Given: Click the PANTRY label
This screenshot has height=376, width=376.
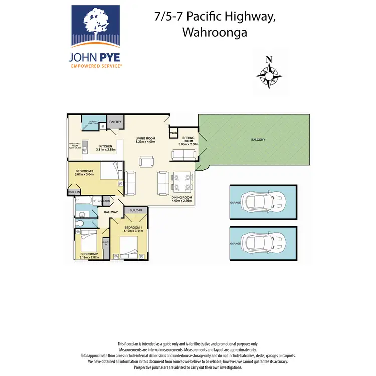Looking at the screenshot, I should coord(116,121).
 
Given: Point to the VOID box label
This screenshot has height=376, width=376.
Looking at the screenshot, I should coord(173,133).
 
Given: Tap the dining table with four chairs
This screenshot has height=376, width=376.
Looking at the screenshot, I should coord(182,182).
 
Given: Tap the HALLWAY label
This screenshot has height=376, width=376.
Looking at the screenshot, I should coord(111,212).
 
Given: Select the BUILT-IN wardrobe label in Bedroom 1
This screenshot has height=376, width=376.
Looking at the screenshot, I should coord(136,210).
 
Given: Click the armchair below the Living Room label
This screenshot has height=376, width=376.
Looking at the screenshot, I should coord(147,161).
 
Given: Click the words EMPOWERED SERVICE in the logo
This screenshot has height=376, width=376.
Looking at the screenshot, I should coord(96,66).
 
